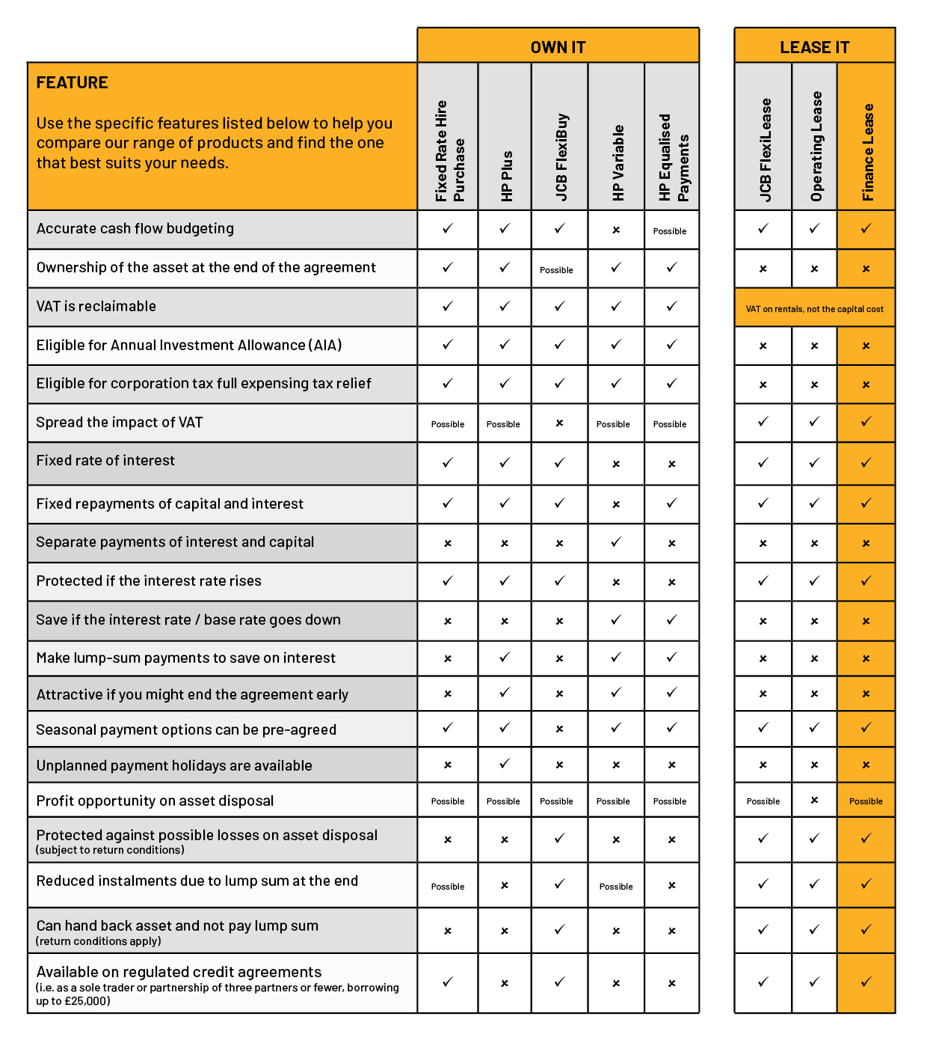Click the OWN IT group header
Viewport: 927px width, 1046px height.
(x=558, y=47)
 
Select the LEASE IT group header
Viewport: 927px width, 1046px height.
(x=814, y=47)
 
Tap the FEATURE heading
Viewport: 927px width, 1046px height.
(x=73, y=83)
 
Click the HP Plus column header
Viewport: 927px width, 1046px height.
(x=506, y=176)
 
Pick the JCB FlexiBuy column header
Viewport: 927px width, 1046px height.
(x=561, y=157)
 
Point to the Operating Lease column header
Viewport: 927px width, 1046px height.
(x=816, y=147)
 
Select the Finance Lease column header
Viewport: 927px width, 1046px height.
(x=867, y=152)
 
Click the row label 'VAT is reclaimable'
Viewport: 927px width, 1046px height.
(x=96, y=306)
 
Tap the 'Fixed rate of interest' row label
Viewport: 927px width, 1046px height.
(x=105, y=461)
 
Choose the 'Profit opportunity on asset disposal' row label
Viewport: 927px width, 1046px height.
(x=155, y=801)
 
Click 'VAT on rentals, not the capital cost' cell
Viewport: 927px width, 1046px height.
(x=814, y=309)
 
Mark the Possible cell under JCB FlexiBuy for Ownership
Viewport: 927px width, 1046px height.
(x=557, y=270)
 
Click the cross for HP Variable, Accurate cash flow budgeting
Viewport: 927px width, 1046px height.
(x=616, y=230)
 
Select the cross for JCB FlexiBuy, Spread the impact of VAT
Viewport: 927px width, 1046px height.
(x=559, y=423)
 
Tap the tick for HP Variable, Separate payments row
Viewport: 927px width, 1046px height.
(x=616, y=542)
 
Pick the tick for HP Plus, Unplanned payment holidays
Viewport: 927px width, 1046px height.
(x=505, y=764)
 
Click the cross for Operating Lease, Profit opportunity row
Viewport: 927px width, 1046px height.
(x=814, y=800)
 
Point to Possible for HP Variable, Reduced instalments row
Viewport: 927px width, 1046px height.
(x=616, y=887)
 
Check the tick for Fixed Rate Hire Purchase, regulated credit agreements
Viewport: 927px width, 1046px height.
(x=448, y=982)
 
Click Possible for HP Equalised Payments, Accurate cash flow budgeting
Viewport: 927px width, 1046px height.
(x=670, y=231)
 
